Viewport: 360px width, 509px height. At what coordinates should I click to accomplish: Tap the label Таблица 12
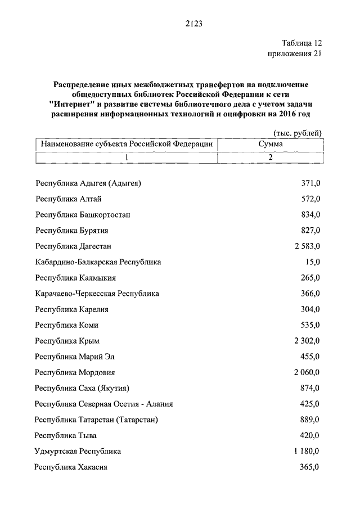(302, 43)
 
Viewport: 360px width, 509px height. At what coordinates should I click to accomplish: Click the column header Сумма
(270, 144)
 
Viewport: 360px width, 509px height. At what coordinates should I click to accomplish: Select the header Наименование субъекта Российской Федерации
(127, 144)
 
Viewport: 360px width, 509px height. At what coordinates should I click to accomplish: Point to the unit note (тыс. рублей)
(298, 133)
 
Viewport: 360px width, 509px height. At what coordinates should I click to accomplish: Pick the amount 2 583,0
(307, 246)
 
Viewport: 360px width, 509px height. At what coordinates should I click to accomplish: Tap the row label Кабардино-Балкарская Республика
(98, 262)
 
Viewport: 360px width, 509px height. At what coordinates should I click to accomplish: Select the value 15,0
(313, 262)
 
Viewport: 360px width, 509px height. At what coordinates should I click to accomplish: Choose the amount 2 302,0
(307, 340)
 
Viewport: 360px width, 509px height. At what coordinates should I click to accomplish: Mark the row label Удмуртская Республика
(78, 451)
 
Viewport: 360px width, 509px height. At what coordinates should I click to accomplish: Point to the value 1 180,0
(307, 451)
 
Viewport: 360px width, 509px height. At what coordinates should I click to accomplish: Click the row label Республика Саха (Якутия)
(82, 388)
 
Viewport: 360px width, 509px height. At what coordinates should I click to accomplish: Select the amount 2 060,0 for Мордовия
(307, 372)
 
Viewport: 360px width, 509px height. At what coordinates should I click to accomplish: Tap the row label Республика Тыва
(66, 435)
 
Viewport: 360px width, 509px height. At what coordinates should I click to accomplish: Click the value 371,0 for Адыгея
(310, 183)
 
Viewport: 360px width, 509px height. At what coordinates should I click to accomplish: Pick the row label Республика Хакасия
(71, 467)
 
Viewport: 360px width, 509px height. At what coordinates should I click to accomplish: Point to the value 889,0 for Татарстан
(310, 420)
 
